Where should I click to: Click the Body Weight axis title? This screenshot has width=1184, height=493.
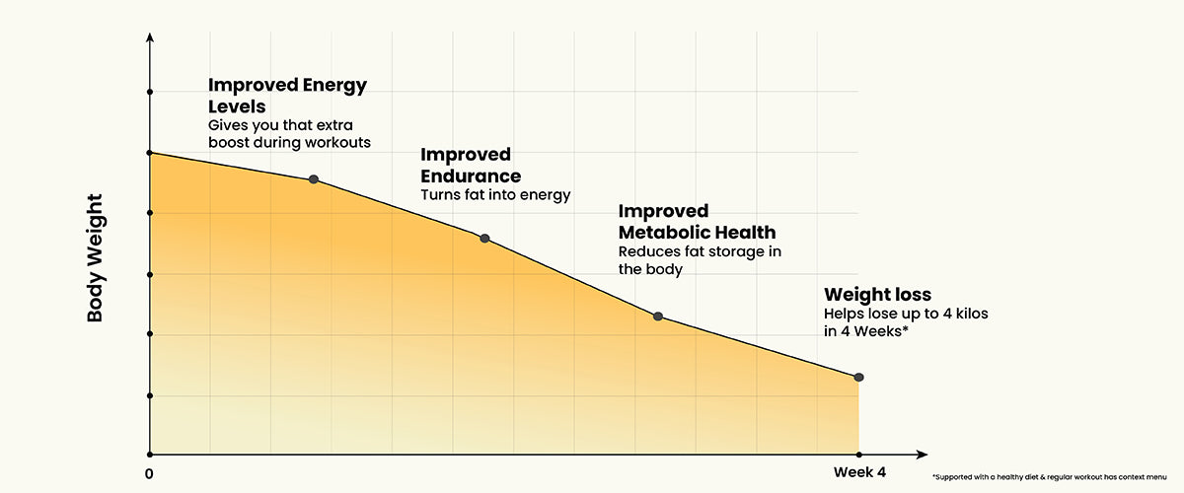coord(96,259)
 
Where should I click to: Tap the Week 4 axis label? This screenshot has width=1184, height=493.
coord(859,472)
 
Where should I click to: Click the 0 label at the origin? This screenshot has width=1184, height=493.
coord(149,473)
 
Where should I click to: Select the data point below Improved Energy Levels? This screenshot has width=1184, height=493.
coord(314,179)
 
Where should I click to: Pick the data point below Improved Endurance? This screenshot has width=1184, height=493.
coord(484,239)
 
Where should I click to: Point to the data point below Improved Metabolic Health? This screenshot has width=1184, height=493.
coord(658,317)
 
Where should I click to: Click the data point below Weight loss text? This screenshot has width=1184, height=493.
coord(858,378)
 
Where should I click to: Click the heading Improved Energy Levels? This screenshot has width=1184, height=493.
coord(286,95)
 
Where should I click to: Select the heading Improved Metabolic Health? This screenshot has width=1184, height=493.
coord(696,222)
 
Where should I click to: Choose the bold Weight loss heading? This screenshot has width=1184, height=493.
coord(877,294)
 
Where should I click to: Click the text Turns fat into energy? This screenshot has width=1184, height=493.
coord(495,194)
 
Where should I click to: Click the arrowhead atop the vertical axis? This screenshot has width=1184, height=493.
coord(150,38)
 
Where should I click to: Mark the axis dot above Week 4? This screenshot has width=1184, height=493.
coord(858,455)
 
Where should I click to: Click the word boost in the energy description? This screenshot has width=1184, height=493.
coord(229,142)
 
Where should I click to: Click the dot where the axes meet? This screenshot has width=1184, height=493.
coord(150,455)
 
